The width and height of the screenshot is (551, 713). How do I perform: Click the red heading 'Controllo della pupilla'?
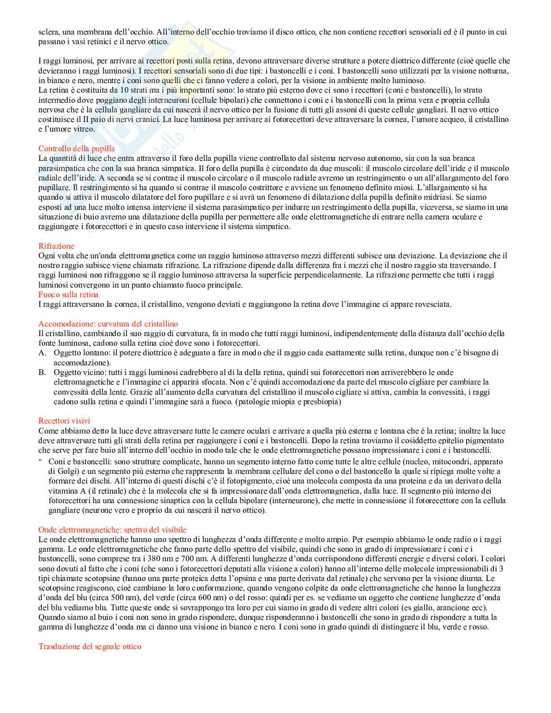pos(76,148)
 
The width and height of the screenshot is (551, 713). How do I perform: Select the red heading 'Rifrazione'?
pos(56,246)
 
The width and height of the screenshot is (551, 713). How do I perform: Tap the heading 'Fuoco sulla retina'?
pos(68,294)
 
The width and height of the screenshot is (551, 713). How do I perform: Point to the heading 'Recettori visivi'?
pos(64,421)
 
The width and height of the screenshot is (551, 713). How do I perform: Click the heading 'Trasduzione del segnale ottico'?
pos(90,646)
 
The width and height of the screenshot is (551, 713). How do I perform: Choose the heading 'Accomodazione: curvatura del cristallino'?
pos(108,324)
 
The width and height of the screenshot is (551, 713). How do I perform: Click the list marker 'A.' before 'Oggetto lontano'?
pos(43,353)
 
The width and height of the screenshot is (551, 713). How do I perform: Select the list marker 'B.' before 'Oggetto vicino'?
pos(43,373)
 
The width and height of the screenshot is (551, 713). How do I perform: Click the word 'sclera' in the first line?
pos(48,32)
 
